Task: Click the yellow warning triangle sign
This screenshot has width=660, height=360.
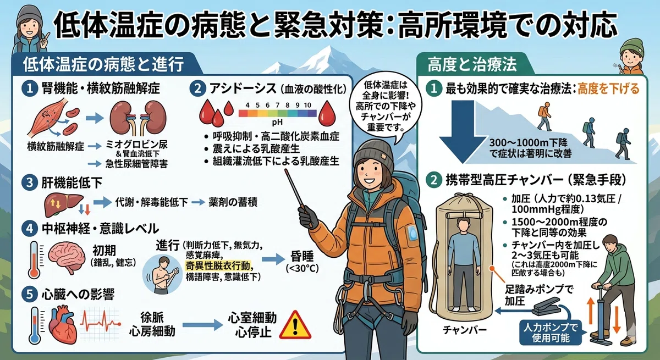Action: point(295,326)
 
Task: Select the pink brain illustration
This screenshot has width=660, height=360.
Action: point(67,258)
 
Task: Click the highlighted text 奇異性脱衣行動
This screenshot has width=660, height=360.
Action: point(217,265)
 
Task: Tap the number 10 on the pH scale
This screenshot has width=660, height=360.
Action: point(307,105)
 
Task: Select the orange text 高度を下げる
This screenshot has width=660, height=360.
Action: point(608,88)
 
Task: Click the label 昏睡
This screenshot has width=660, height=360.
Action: point(302,257)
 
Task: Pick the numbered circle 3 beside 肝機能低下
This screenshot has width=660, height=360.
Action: point(30,182)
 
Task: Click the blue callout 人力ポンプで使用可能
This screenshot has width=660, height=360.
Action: point(551,333)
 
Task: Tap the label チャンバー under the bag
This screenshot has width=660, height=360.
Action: point(465,330)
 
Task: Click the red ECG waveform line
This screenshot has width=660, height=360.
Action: point(100,322)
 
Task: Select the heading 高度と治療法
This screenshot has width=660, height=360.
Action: point(472,64)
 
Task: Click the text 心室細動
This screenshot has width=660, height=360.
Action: point(252,318)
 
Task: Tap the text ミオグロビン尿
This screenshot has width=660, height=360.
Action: point(136,144)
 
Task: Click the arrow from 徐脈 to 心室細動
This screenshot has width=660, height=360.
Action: point(202,325)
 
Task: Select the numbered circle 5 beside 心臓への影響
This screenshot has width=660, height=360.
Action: point(30,294)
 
